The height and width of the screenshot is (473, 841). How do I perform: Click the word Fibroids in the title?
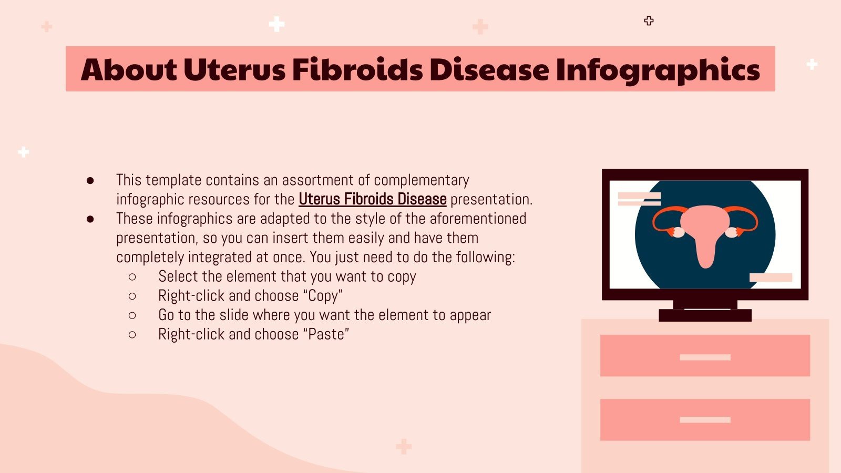click(x=357, y=70)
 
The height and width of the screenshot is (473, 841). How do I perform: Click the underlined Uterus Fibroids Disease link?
click(x=372, y=200)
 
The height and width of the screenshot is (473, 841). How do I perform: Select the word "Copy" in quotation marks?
click(x=323, y=296)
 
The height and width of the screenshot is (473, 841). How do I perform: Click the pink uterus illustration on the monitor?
click(x=704, y=231)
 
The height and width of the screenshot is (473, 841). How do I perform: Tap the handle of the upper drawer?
click(x=705, y=357)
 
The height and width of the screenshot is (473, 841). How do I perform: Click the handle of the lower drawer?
click(x=705, y=420)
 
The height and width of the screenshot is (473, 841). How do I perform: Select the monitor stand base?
click(x=705, y=315)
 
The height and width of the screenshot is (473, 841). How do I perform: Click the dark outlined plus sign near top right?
click(x=649, y=21)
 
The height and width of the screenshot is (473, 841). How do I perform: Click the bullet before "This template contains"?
click(x=90, y=181)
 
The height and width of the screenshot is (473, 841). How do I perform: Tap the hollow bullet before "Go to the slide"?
click(x=132, y=315)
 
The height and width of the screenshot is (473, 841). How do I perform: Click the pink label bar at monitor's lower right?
click(x=771, y=277)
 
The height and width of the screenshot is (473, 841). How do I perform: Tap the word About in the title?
click(x=129, y=70)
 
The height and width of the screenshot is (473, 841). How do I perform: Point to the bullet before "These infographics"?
click(x=90, y=219)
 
